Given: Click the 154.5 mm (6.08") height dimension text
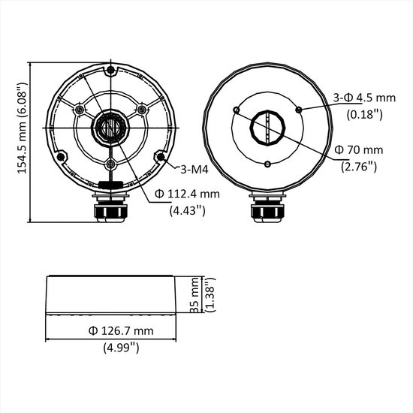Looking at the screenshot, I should pyautogui.click(x=23, y=128).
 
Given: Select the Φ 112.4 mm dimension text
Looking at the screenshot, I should pyautogui.click(x=187, y=194).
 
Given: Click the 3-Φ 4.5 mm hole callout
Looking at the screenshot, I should pyautogui.click(x=363, y=97).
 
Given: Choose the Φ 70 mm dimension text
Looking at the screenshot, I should pyautogui.click(x=362, y=149).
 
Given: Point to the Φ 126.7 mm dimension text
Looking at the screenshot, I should pyautogui.click(x=120, y=330).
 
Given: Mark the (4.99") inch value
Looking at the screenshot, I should pyautogui.click(x=120, y=348).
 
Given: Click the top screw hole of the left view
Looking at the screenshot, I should pyautogui.click(x=111, y=71).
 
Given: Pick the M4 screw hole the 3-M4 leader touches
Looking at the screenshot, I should pyautogui.click(x=159, y=157).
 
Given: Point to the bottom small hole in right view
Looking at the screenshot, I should pyautogui.click(x=267, y=163).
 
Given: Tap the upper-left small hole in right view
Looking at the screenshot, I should pyautogui.click(x=237, y=110).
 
